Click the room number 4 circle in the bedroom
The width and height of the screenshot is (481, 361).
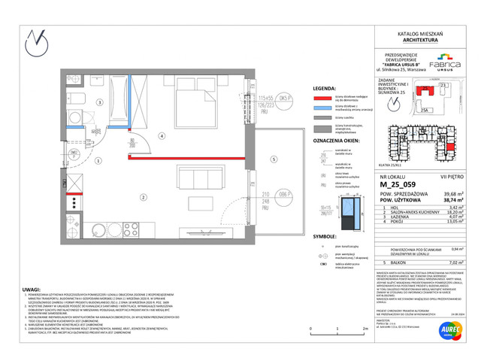[x=161, y=136]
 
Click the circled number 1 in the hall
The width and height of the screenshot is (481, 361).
[x=98, y=160]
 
